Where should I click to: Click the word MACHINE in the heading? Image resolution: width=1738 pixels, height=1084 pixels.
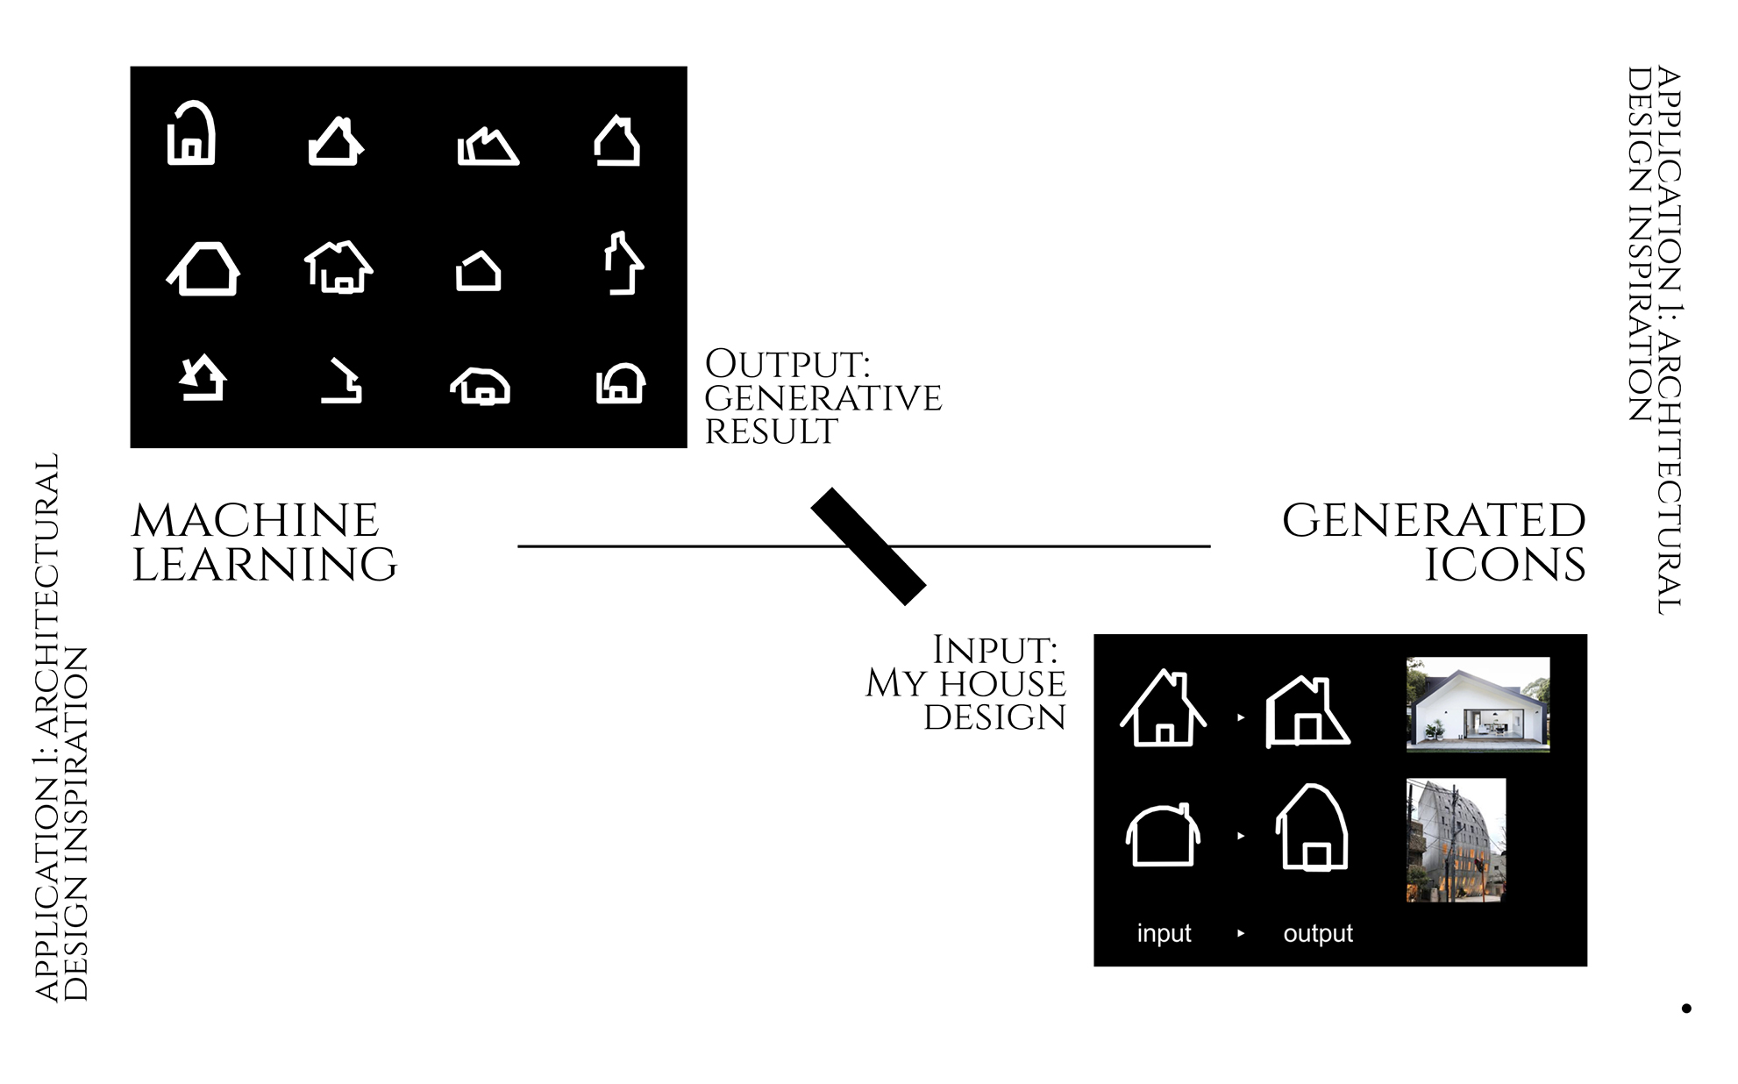[x=255, y=521]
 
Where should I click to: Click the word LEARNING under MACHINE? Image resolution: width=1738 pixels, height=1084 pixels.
[x=265, y=564]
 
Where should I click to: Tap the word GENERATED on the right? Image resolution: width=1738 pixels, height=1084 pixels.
[x=1434, y=521]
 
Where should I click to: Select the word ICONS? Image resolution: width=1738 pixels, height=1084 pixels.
[x=1505, y=564]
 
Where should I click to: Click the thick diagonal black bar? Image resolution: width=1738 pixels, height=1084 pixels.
[x=868, y=546]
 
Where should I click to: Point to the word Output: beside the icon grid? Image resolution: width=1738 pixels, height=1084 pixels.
[x=787, y=364]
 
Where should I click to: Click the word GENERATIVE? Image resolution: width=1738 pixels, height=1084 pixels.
[x=823, y=398]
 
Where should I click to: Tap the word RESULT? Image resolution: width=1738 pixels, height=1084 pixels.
[x=772, y=431]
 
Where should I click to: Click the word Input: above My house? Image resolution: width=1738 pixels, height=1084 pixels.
[x=994, y=651]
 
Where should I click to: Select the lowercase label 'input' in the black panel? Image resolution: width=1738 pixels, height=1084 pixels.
[x=1164, y=933]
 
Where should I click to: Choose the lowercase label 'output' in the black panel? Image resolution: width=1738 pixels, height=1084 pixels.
[x=1318, y=933]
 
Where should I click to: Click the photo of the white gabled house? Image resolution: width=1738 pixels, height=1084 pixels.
[x=1478, y=704]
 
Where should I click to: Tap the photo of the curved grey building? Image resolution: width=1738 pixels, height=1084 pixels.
[x=1456, y=840]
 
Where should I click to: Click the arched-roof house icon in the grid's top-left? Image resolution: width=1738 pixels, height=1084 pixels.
[x=191, y=133]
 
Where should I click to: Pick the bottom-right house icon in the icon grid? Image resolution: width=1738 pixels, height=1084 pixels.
[x=621, y=383]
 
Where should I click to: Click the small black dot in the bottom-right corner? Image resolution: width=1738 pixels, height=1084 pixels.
[x=1685, y=1009]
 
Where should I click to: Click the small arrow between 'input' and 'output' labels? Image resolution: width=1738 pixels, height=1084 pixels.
[x=1240, y=933]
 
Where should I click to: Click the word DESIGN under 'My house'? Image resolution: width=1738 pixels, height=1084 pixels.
[x=994, y=717]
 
